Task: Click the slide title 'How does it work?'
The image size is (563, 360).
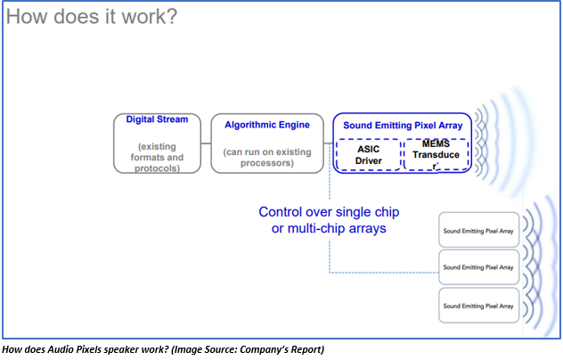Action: point(92,17)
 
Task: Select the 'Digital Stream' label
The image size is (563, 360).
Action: point(157,119)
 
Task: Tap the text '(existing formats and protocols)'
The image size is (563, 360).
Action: point(157,158)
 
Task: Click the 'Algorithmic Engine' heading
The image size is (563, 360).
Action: point(267,125)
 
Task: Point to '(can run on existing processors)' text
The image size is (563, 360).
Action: point(267,158)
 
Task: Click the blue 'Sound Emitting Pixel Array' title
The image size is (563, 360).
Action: point(403,126)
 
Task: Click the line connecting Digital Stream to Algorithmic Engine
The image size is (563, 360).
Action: point(206,143)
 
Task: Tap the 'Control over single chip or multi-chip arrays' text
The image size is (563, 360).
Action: point(329,220)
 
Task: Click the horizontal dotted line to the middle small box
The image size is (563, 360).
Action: point(384,273)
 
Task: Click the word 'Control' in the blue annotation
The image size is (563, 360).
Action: point(280,212)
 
